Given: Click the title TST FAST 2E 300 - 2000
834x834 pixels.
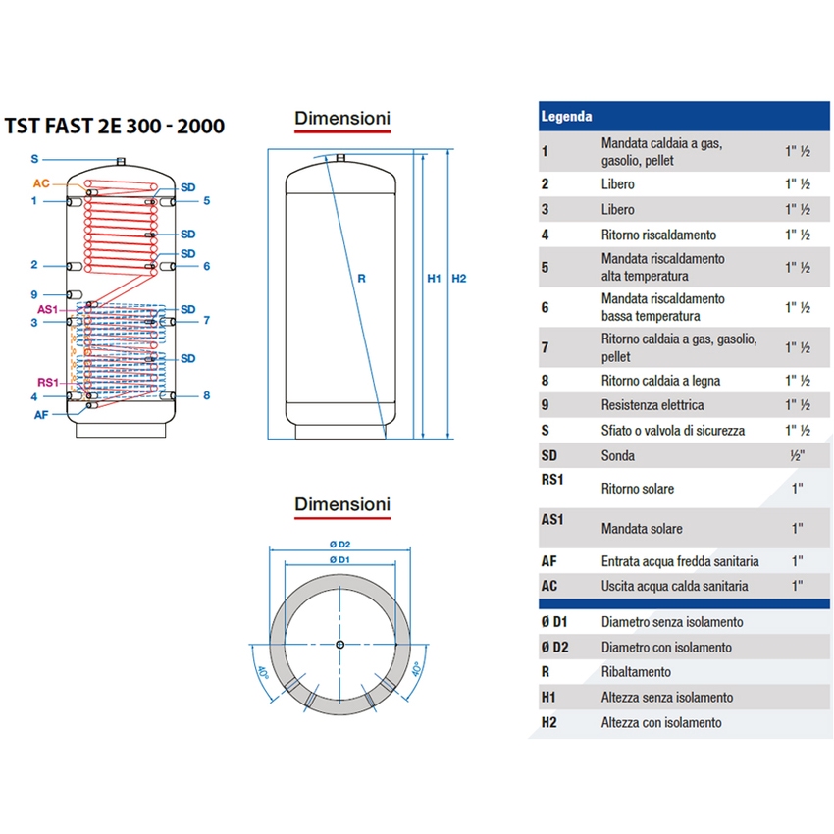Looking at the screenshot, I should [x=115, y=126].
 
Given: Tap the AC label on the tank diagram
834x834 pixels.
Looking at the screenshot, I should [x=41, y=183].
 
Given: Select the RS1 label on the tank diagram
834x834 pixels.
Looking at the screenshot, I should [x=46, y=382].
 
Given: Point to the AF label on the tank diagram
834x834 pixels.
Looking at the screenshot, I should [x=40, y=414].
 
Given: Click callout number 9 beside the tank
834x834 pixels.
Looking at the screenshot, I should [x=33, y=294].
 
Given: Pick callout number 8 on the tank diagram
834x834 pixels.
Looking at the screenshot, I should [x=207, y=395].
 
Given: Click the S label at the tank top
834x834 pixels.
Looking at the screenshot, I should [x=34, y=159].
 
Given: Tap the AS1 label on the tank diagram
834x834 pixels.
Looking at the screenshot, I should [x=46, y=309].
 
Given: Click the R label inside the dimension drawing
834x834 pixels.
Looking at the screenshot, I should [x=361, y=279].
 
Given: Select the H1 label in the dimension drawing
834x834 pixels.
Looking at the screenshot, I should [x=434, y=279].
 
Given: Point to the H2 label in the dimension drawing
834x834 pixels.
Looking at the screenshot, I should [x=458, y=279].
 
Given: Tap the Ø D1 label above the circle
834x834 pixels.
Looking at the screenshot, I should [x=340, y=558].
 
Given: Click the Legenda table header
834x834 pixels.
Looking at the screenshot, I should [x=567, y=116].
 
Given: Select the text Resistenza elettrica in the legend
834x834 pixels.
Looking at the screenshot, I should [x=652, y=405].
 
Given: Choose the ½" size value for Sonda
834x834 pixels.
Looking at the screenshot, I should [x=797, y=456].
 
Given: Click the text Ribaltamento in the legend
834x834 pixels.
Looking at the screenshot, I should [x=636, y=672].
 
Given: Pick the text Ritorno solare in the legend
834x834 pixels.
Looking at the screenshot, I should [x=637, y=489].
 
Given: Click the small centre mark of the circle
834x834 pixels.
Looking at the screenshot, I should [x=339, y=645].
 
